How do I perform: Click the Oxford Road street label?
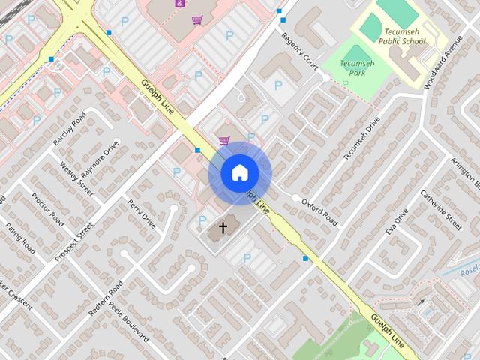[x=320, y=212]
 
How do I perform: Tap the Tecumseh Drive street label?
[x=362, y=139]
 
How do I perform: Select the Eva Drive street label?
[x=397, y=222]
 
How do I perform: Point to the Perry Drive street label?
[x=141, y=214]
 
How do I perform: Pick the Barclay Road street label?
[x=67, y=133]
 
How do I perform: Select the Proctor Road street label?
[x=46, y=209]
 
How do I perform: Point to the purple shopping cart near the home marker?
[x=223, y=140]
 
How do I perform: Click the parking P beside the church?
[x=201, y=220]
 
